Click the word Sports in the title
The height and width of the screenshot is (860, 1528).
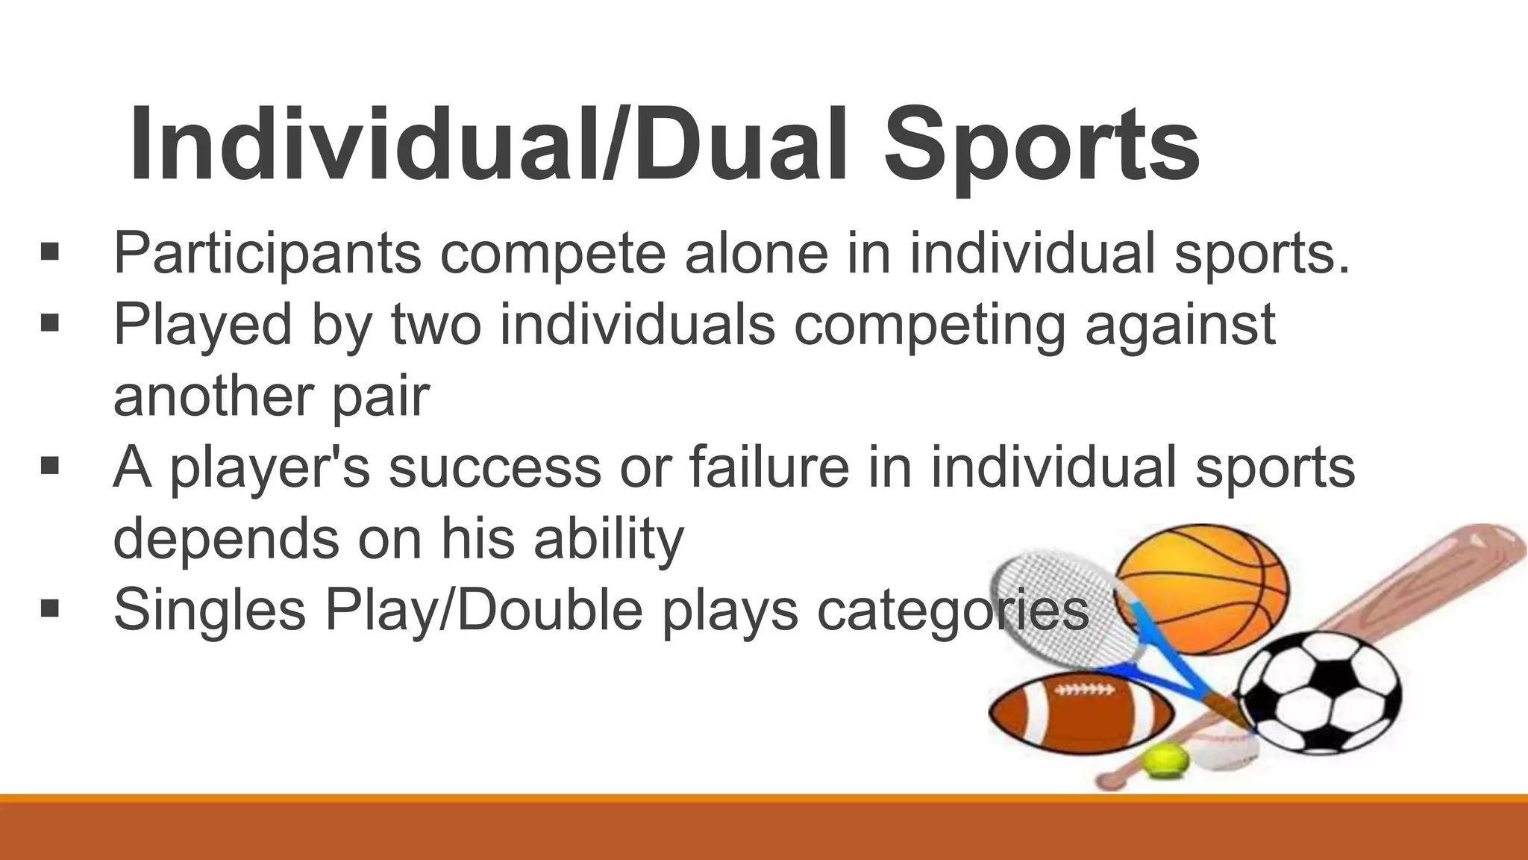coord(1041,146)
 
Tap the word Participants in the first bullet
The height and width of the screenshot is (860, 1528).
coord(267,254)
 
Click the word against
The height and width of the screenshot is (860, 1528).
coord(1180,325)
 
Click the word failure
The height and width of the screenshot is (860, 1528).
coord(768,467)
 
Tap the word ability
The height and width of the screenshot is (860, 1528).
coord(608,538)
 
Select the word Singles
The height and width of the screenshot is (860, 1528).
coord(209,610)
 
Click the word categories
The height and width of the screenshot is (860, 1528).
coord(953,610)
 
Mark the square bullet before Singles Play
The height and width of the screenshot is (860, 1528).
coord(50,608)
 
